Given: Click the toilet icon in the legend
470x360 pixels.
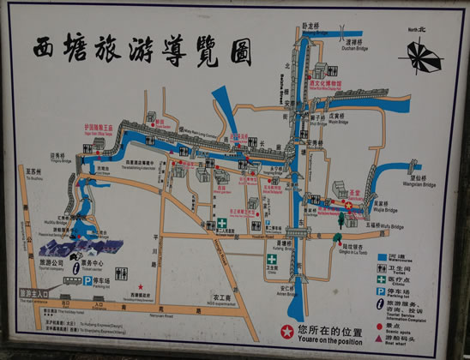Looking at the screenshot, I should coord(381,269).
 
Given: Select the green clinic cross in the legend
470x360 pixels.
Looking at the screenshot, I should coord(381,280).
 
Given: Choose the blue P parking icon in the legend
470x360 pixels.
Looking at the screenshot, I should coord(381,292).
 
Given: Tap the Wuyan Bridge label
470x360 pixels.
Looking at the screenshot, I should coord(337,121).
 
